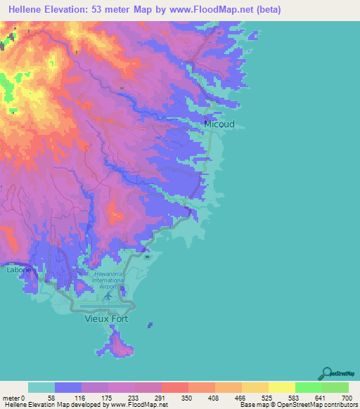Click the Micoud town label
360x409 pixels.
pos(219,124)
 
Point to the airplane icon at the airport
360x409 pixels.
pos(108,295)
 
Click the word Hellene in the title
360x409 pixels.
pos(30,9)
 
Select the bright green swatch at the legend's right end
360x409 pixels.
pos(335,387)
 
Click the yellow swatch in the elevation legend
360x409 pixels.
pos(281,387)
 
